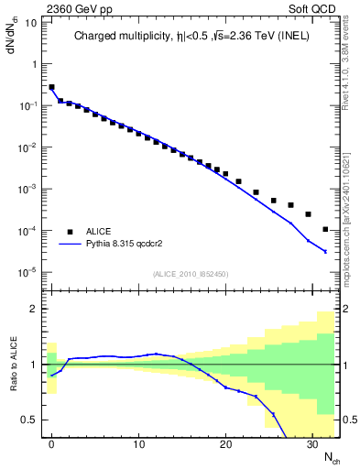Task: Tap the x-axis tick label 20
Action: [x=224, y=444]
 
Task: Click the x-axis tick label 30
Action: [x=311, y=444]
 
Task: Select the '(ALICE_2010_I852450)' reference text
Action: [x=190, y=273]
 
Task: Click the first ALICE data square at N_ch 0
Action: [x=52, y=87]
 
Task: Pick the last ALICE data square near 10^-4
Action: [x=326, y=229]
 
